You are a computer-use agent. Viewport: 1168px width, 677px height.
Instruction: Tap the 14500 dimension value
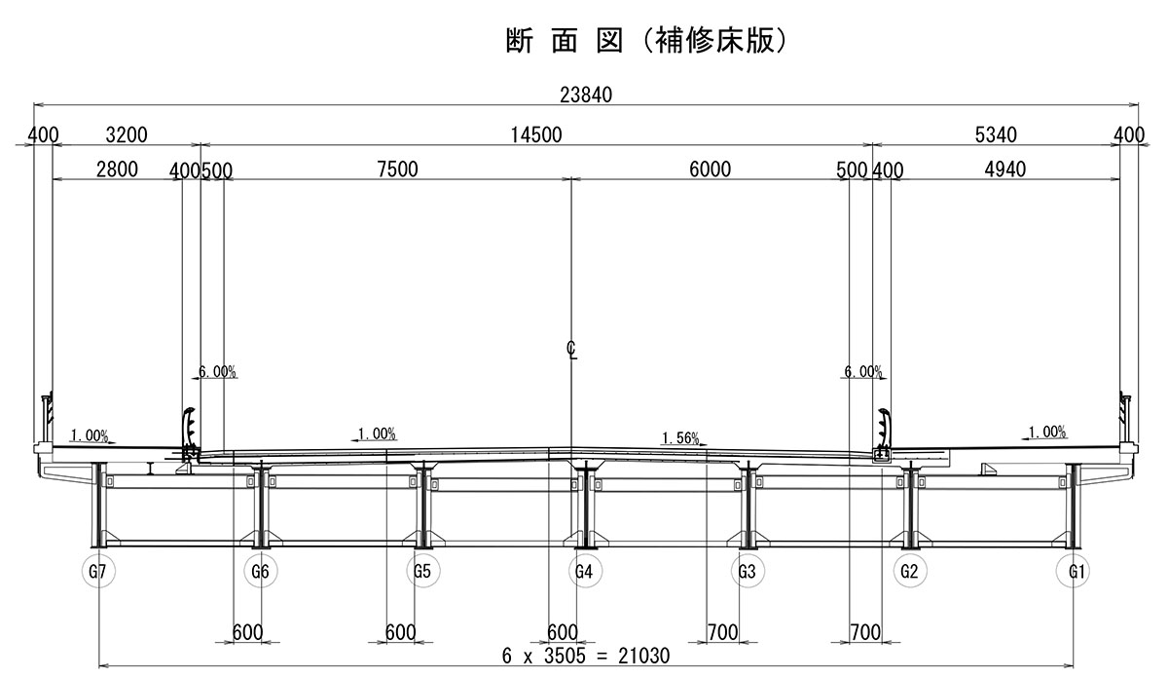point(536,135)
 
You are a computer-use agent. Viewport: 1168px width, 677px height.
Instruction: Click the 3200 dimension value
point(126,135)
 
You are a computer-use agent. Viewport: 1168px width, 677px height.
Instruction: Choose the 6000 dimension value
point(710,169)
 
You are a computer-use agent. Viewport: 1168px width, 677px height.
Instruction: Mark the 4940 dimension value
point(1005,169)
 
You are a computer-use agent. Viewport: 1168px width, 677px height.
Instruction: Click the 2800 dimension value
point(117,169)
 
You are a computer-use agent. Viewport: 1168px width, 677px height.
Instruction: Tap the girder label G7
point(97,571)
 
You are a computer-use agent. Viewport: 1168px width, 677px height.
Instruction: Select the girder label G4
point(584,571)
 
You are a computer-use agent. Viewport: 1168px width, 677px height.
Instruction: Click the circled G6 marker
point(260,571)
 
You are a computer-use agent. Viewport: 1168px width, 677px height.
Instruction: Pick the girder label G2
point(910,571)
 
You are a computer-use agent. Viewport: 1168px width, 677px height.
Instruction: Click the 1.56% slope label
point(680,438)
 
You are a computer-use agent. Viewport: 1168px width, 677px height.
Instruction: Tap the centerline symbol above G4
point(572,349)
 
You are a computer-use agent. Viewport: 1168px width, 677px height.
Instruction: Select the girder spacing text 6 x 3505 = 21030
point(586,656)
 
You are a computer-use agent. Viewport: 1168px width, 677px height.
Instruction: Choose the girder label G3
point(747,571)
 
